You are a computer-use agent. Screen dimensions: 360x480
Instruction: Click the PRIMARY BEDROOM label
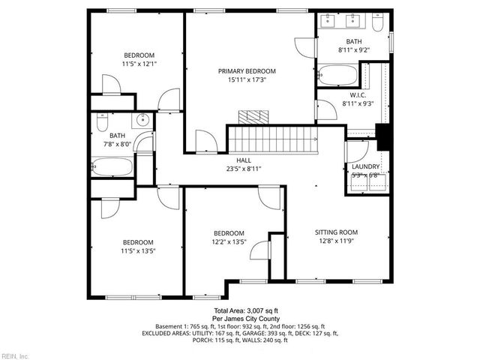pos(242,70)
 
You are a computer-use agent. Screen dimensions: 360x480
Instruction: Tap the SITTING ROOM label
pos(336,232)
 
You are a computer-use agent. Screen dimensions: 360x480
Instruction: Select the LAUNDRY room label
pos(366,166)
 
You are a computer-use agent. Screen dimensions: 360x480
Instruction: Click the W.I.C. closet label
pos(358,95)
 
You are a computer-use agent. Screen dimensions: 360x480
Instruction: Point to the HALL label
pos(243,160)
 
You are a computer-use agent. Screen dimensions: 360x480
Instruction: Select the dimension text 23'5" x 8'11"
pos(243,169)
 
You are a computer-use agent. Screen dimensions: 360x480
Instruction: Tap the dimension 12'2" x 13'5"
pos(229,241)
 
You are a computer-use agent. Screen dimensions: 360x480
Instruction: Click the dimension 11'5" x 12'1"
pos(139,64)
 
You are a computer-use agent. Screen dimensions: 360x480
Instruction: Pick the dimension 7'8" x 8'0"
pos(106,145)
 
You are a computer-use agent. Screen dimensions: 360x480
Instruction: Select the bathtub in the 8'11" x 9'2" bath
pos(337,75)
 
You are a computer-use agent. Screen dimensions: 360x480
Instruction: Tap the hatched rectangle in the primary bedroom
pos(248,117)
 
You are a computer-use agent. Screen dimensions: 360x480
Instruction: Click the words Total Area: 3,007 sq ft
pos(246,310)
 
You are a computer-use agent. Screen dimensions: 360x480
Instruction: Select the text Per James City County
pos(246,319)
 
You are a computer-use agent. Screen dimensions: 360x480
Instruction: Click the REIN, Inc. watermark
pos(14,355)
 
